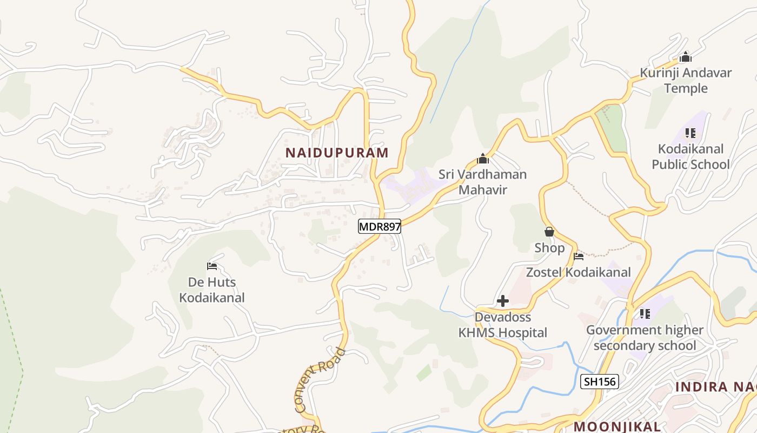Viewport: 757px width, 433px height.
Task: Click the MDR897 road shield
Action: point(380,226)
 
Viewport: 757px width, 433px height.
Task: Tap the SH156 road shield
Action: point(599,382)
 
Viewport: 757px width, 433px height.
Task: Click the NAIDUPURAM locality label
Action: point(337,153)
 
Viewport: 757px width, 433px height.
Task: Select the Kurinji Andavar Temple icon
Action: point(686,57)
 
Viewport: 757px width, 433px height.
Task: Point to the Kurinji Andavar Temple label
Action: point(686,80)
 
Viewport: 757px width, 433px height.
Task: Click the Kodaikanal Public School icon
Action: point(690,133)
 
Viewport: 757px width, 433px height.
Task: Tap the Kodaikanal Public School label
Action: point(690,156)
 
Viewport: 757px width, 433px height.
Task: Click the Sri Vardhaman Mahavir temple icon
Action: point(483,159)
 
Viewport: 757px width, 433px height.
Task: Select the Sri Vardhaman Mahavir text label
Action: point(482,182)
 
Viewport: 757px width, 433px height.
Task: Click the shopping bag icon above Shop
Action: point(549,232)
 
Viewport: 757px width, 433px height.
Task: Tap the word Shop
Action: point(549,248)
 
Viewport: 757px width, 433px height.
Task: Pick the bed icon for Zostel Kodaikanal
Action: point(579,256)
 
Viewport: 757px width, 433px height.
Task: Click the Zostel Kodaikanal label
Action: point(579,272)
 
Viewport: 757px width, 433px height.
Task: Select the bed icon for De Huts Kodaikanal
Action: point(212,266)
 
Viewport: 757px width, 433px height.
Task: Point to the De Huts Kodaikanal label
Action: point(212,290)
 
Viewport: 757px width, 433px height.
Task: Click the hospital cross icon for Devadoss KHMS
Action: point(503,301)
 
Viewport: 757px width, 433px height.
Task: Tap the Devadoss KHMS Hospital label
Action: point(503,325)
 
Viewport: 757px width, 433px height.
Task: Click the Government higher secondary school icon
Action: point(645,313)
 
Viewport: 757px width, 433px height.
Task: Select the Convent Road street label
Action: point(320,380)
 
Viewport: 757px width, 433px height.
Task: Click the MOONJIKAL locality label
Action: point(617,426)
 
